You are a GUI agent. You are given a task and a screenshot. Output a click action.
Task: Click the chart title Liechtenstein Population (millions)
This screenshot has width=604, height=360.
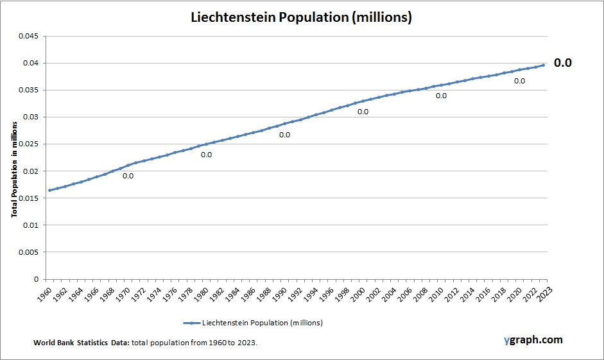tap(301, 17)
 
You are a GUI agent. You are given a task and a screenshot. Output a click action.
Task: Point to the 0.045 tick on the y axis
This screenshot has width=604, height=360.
tap(28, 36)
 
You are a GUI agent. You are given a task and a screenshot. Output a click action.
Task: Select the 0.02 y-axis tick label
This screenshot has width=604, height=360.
tap(30, 171)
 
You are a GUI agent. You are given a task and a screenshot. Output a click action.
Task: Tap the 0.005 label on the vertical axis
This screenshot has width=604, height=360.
tap(28, 252)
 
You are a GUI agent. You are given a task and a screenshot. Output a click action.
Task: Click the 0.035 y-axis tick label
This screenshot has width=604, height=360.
tap(28, 90)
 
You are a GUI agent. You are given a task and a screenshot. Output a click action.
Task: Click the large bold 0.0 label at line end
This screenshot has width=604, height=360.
tap(562, 63)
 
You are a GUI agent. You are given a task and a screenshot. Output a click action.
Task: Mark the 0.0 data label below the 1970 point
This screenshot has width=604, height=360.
tap(128, 176)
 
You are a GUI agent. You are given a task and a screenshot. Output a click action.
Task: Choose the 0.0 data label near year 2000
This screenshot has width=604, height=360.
tap(363, 112)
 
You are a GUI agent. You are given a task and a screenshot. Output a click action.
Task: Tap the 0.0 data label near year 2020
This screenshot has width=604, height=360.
tap(519, 81)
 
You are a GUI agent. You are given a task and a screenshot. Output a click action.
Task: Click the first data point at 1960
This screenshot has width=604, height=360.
tap(49, 190)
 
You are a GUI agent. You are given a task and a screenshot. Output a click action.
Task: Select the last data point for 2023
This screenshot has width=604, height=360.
tap(543, 65)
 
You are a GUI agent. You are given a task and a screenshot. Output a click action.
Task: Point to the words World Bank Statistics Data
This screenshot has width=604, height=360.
tap(82, 343)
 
